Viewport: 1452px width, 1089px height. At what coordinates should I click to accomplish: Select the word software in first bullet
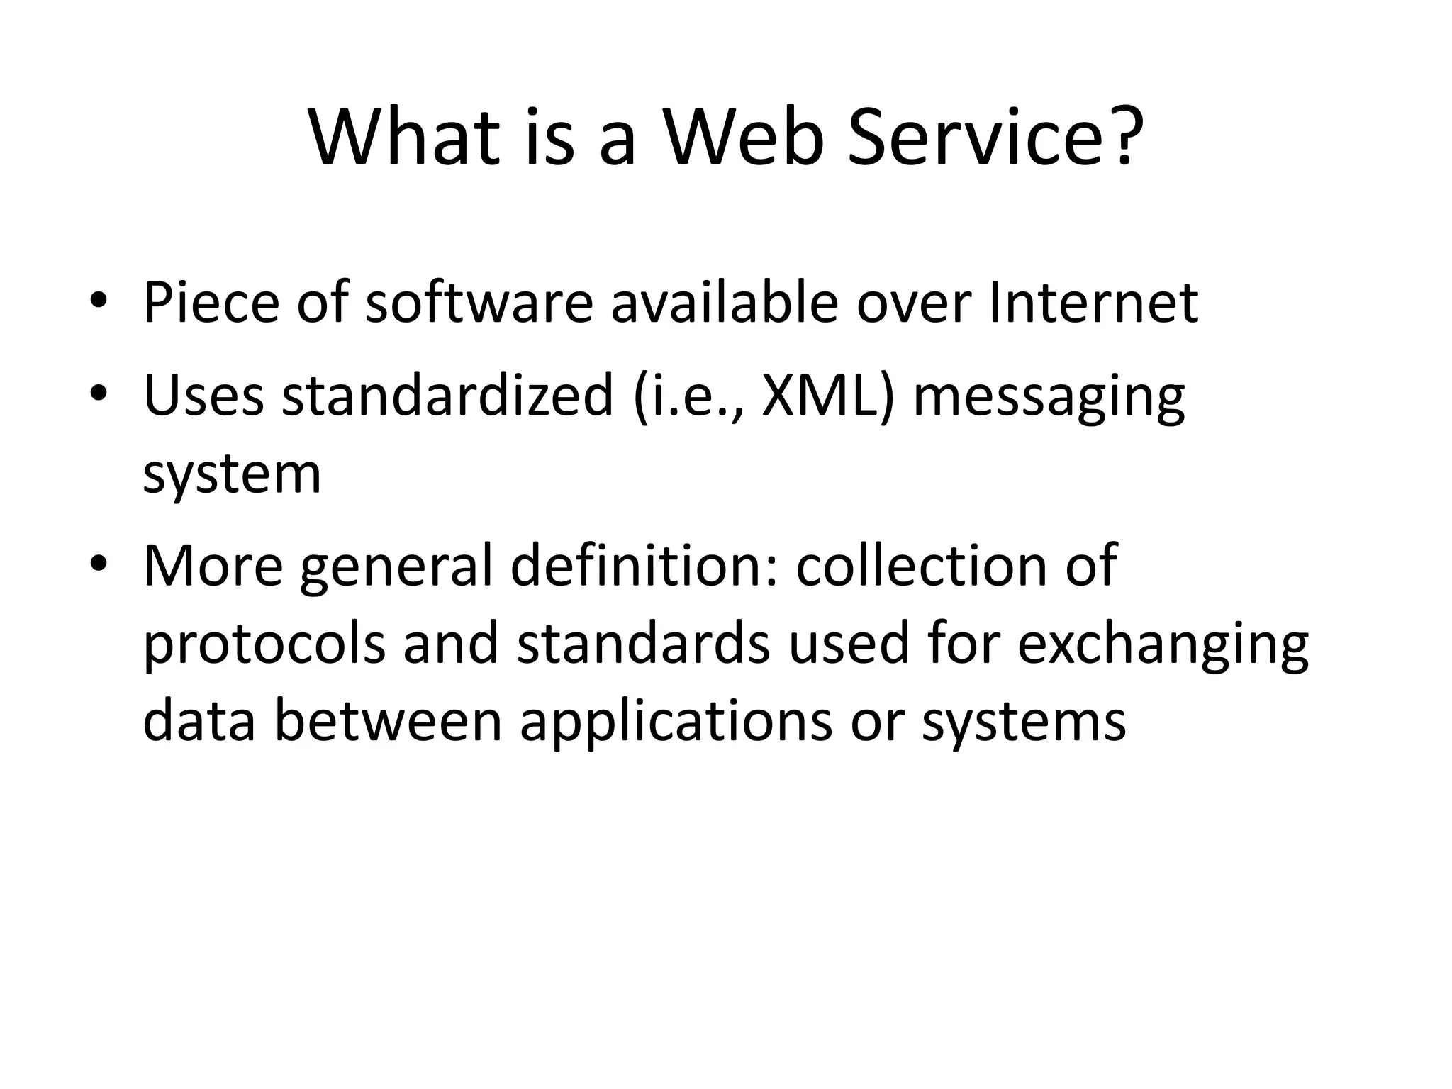pos(479,303)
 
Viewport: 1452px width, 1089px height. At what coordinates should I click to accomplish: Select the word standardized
pos(447,395)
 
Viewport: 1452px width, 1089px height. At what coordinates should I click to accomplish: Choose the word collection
pos(920,565)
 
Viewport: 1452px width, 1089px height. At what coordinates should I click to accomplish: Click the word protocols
pos(264,646)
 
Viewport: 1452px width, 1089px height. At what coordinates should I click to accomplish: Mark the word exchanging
pos(1163,646)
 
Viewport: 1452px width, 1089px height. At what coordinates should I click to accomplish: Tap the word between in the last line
pos(388,721)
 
